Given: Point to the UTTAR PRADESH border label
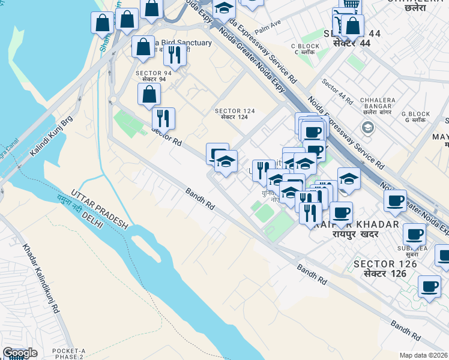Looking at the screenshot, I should click(100, 209).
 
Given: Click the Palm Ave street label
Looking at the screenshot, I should click(268, 26).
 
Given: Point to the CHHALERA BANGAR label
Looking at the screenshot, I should click(377, 103).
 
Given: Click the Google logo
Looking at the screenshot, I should click(20, 353).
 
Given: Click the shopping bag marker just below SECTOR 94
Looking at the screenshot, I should click(149, 95).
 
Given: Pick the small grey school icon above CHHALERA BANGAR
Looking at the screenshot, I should click(367, 127).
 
